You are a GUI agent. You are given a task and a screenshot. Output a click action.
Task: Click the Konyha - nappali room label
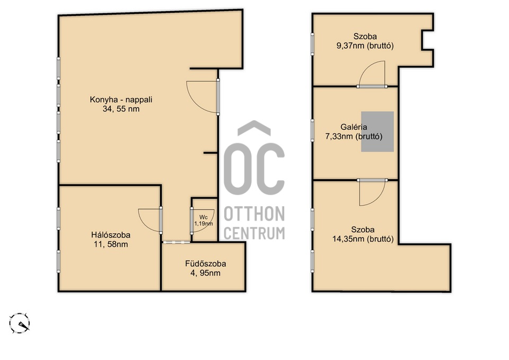click(121, 99)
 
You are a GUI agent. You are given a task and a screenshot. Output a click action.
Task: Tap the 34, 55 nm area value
click(121, 109)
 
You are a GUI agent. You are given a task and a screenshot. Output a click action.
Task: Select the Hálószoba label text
click(111, 235)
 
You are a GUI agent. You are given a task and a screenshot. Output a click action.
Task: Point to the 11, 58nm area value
click(111, 244)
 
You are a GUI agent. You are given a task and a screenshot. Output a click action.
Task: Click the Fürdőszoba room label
click(206, 264)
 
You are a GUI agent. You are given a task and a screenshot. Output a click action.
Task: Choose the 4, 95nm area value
click(206, 273)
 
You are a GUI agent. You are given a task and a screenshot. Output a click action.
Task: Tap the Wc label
click(204, 217)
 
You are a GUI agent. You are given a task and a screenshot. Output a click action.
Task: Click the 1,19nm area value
click(204, 223)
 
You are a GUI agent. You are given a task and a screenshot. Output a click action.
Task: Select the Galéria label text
click(354, 127)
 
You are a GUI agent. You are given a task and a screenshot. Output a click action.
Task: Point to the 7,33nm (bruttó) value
click(354, 136)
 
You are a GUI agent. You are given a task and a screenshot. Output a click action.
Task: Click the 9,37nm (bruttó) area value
click(365, 46)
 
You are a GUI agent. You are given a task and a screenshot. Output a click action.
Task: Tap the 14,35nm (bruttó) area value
click(363, 239)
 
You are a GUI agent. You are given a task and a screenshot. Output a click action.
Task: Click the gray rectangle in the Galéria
click(378, 131)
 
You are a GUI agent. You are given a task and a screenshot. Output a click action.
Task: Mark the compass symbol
click(20, 323)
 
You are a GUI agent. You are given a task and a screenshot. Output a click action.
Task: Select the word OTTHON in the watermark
click(254, 214)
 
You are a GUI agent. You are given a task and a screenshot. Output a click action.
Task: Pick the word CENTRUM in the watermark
click(254, 233)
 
